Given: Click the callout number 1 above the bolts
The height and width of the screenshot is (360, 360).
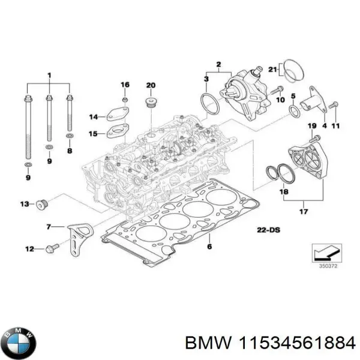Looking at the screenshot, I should pyautogui.click(x=50, y=75).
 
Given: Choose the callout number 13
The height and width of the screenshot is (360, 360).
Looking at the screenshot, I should pyautogui.click(x=24, y=205).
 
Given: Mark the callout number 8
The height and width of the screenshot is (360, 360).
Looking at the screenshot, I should pyautogui.click(x=69, y=152).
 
